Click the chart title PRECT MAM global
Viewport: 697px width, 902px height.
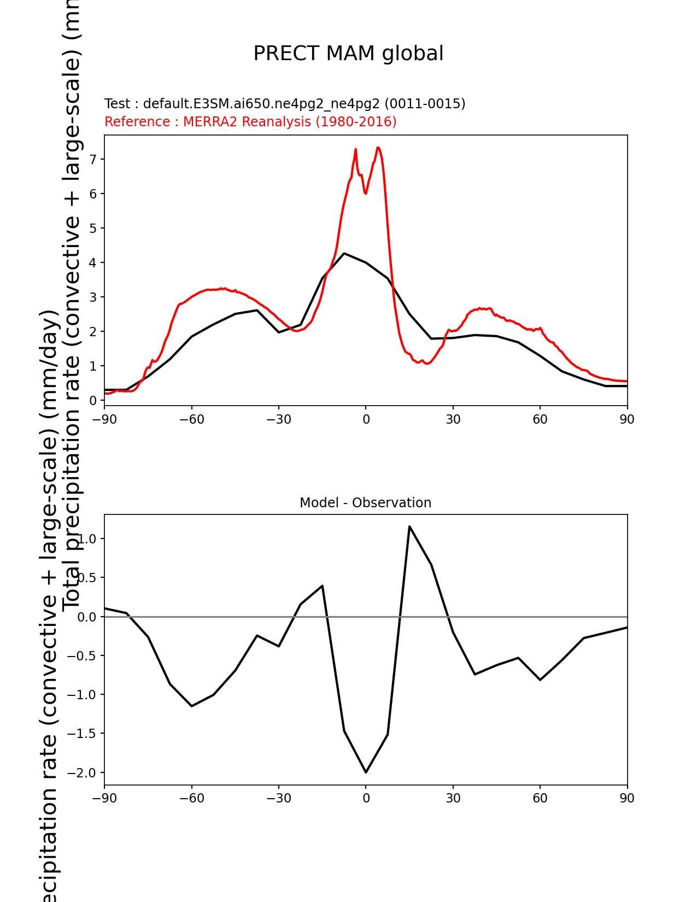click(348, 54)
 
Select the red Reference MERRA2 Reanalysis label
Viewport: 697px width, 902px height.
click(250, 122)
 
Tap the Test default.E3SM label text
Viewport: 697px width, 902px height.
click(285, 104)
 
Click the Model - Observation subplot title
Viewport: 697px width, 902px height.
click(365, 503)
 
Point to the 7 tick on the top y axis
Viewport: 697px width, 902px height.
click(93, 159)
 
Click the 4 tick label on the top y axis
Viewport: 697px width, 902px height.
click(93, 263)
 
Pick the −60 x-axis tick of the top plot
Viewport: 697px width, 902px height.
click(191, 419)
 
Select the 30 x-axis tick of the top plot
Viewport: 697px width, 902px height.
click(453, 419)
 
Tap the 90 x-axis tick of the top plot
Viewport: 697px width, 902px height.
click(627, 419)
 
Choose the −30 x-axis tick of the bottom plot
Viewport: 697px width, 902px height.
click(278, 799)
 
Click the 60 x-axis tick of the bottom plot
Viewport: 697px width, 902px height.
click(540, 799)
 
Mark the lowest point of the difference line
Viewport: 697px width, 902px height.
click(366, 772)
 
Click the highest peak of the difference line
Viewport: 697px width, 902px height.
click(409, 526)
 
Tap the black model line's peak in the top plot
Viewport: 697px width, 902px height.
click(344, 253)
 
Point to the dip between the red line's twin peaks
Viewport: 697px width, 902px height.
click(365, 192)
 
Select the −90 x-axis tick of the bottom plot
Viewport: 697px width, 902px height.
click(104, 799)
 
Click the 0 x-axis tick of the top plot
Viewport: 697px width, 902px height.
click(366, 419)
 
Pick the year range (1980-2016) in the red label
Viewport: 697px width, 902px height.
click(356, 122)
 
